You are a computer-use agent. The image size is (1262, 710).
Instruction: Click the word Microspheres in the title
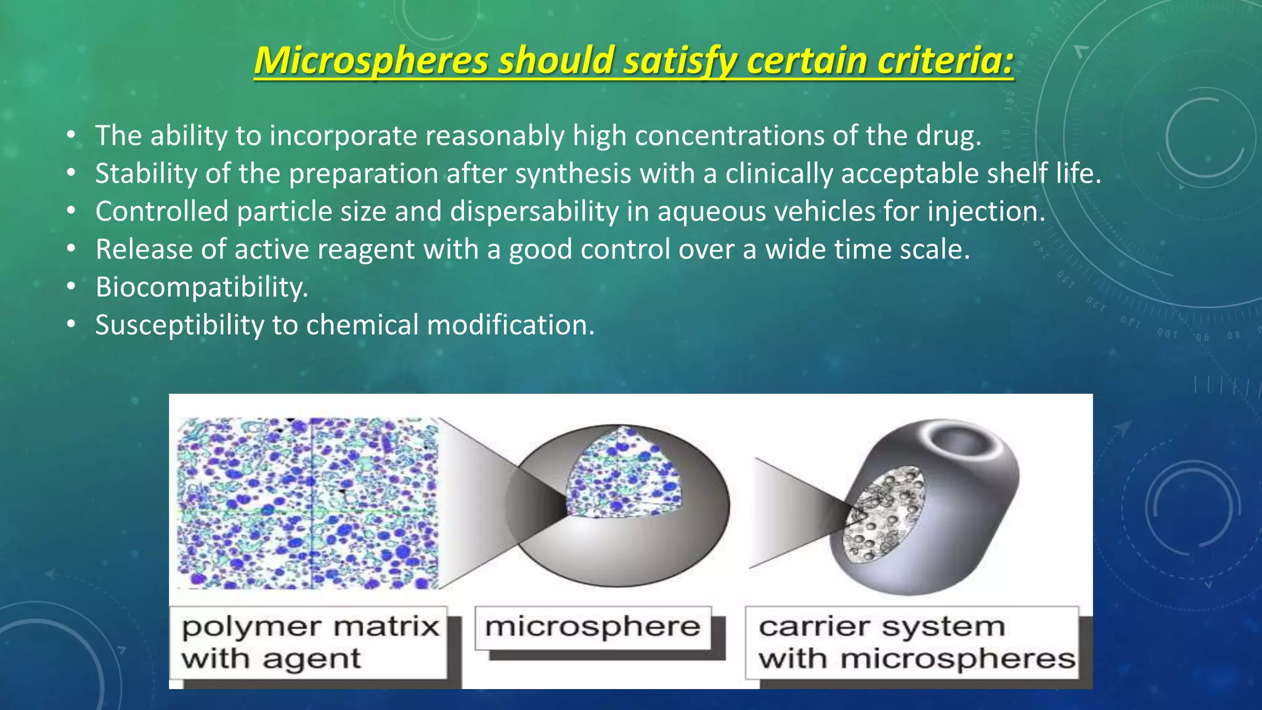pyautogui.click(x=371, y=61)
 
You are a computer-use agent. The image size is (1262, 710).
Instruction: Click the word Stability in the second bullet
pyautogui.click(x=145, y=174)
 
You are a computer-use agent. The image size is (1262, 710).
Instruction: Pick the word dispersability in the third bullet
pyautogui.click(x=534, y=211)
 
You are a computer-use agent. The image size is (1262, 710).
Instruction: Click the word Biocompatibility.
pyautogui.click(x=202, y=287)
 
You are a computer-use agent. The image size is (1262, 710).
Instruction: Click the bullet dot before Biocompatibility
pyautogui.click(x=71, y=287)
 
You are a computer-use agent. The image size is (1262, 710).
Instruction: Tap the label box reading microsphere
pyautogui.click(x=593, y=627)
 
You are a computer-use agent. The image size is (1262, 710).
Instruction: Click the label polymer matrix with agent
pyautogui.click(x=309, y=642)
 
